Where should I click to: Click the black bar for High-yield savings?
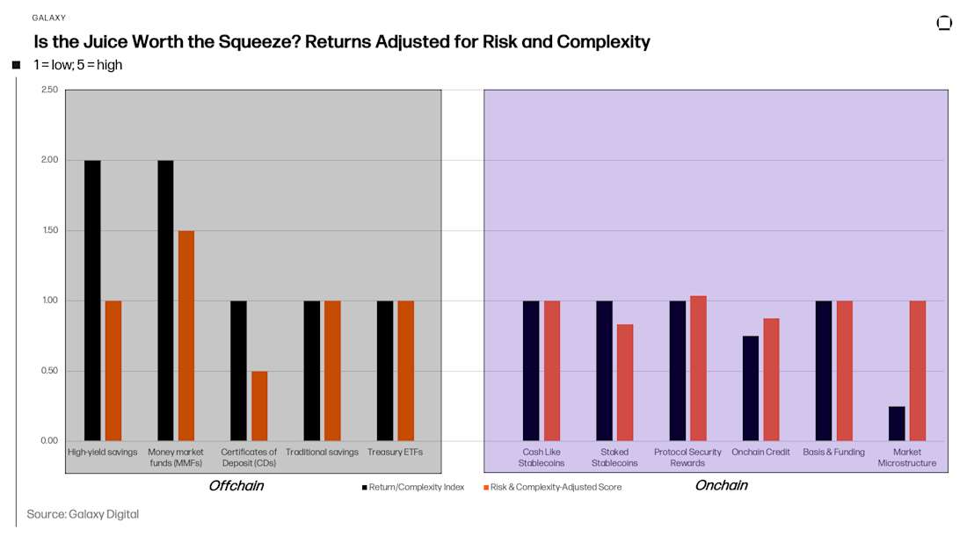point(92,300)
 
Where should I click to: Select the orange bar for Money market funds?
point(186,335)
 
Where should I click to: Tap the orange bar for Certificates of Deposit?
point(259,405)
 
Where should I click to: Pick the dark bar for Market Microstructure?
point(897,423)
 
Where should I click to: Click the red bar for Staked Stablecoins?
point(624,382)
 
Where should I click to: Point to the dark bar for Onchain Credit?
point(751,388)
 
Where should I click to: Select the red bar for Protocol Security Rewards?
point(698,367)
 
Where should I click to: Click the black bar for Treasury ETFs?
point(385,370)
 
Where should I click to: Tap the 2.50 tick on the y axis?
point(49,90)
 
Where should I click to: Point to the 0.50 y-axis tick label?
point(49,371)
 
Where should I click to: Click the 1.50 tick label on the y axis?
point(49,230)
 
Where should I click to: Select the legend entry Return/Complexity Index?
point(413,487)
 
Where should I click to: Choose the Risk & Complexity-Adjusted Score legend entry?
point(553,487)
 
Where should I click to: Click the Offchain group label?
point(236,486)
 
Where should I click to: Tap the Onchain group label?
point(721,486)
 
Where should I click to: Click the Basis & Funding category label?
point(833,453)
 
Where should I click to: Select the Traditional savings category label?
point(322,453)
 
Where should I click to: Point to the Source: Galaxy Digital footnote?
point(83,514)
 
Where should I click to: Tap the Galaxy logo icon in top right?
point(944,23)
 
